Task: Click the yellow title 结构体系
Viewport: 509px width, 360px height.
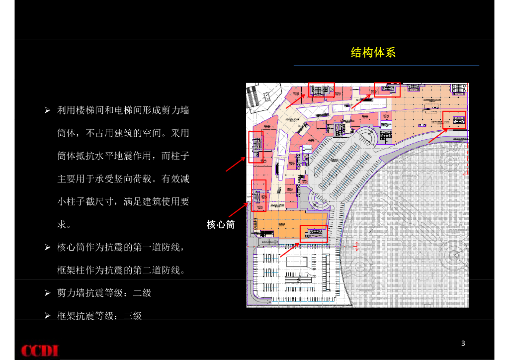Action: point(373,53)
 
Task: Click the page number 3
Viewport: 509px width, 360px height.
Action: point(463,343)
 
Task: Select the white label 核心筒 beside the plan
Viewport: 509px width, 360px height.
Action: point(220,225)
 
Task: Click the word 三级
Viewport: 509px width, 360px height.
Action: point(133,316)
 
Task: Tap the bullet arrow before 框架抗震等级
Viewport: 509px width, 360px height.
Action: point(48,316)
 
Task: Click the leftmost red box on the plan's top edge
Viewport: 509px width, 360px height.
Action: point(321,90)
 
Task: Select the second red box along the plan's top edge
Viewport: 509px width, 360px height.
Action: point(387,90)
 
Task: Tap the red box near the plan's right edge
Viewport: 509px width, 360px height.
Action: point(454,120)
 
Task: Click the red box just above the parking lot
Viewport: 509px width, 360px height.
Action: point(314,233)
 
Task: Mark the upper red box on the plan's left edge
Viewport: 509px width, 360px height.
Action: point(255,147)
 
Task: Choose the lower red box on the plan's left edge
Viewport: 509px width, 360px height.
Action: point(259,195)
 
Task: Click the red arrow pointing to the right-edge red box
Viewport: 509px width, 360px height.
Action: point(437,135)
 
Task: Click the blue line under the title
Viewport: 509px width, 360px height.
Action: point(386,66)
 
